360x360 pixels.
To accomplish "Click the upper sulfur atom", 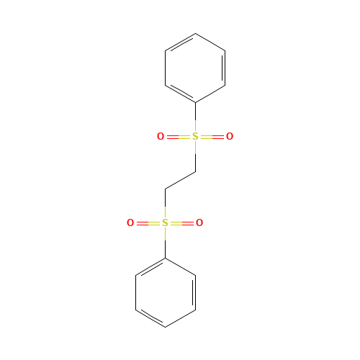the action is point(195,137).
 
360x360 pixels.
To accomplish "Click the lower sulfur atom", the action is point(165,223).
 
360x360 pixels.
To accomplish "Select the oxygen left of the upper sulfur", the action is point(161,137).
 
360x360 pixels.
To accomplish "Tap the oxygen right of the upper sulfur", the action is point(230,137).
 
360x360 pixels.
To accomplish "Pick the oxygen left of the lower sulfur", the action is point(130,223).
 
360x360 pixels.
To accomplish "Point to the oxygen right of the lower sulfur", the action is point(199,223).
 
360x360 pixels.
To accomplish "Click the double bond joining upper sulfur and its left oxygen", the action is point(178,137).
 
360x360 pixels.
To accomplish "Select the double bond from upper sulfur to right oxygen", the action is point(212,137).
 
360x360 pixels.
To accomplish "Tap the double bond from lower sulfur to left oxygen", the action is point(148,223).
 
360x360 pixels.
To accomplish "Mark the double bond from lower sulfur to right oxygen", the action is point(182,223).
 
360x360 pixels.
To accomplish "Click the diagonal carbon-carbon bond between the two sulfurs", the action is point(180,180).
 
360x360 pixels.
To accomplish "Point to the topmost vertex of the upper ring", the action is point(195,33).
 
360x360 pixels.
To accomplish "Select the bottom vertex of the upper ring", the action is point(195,102).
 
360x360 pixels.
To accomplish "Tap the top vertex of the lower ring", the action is point(166,258).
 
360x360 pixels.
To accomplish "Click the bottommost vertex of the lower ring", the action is point(166,327).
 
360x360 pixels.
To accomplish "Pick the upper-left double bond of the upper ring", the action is point(180,42).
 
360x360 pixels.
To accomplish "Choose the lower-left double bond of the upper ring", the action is point(180,94).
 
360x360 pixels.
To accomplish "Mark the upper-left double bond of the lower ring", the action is point(150,266).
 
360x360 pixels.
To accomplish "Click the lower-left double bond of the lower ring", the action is point(150,318).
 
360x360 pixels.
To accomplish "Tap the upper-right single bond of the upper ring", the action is point(210,42).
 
